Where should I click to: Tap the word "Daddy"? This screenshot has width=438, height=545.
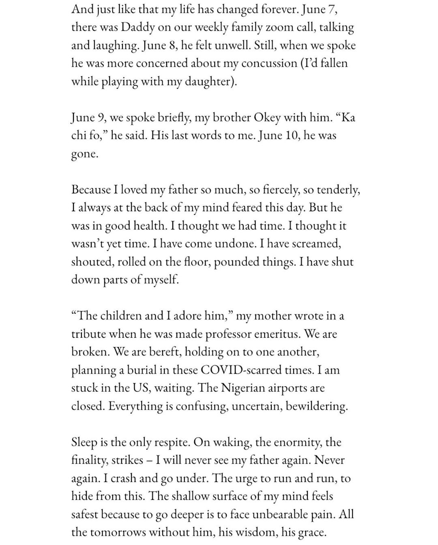133,27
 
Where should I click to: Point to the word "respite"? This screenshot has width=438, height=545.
170,442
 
